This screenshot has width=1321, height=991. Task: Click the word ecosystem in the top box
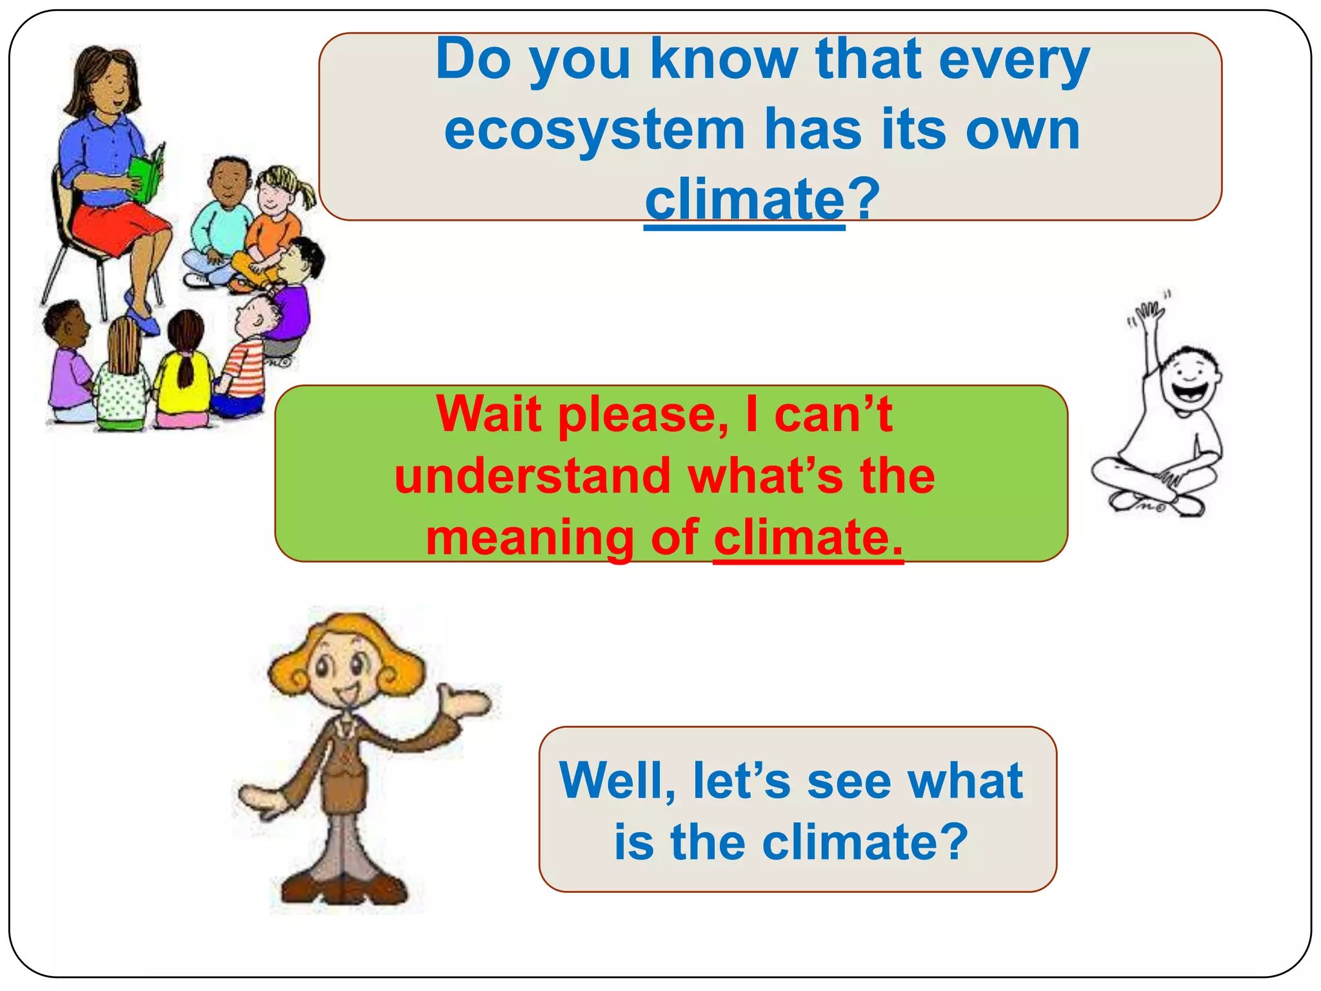593,131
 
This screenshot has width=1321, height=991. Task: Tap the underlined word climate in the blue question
744,199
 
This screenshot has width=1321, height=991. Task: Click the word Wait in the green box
488,414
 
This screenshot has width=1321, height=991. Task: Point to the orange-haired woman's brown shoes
342,888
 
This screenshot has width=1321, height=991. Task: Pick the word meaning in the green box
530,538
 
